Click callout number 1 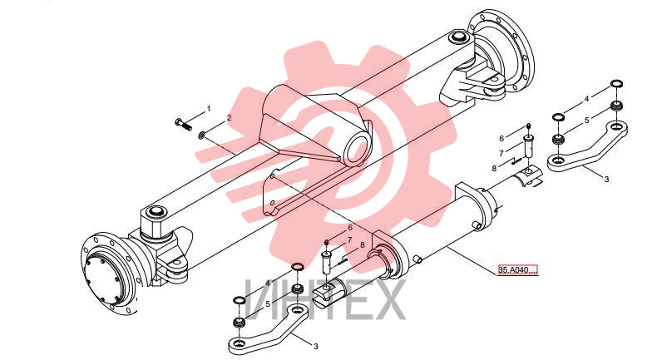pos(209,108)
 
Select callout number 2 pos(229,118)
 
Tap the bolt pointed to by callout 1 pos(183,124)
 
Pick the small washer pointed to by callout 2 pos(201,135)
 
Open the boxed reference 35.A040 pos(518,270)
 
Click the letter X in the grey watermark pos(386,300)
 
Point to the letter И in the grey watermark pos(262,300)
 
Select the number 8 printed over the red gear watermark pos(363,245)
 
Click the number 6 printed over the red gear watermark pos(350,228)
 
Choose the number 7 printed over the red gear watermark pos(349,239)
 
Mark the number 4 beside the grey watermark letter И pos(268,283)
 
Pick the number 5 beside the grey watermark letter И pos(268,304)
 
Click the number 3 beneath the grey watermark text pos(316,346)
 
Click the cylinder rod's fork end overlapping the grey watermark pos(328,291)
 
